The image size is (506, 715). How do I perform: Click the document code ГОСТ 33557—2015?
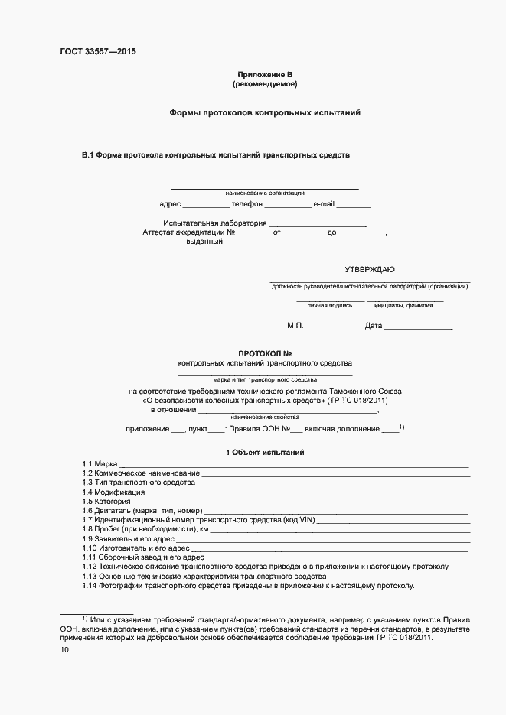tap(97, 52)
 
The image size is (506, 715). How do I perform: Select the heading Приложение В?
tap(265, 73)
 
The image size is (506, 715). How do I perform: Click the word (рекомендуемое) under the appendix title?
tap(265, 83)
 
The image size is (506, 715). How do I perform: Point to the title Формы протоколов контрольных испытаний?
tap(265, 112)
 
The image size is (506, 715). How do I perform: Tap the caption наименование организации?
tap(265, 193)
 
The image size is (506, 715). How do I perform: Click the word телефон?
tap(247, 204)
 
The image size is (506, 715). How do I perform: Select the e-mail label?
tap(324, 204)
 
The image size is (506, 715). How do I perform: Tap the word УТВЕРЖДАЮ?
tap(370, 269)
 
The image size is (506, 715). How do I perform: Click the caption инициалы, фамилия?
tap(403, 305)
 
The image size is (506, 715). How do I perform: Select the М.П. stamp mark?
tap(295, 326)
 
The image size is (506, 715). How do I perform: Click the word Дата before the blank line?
tap(374, 326)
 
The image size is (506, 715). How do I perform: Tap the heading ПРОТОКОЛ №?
tap(265, 353)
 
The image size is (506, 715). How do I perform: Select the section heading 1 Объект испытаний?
tap(265, 453)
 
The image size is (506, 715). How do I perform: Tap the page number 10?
tap(64, 650)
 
